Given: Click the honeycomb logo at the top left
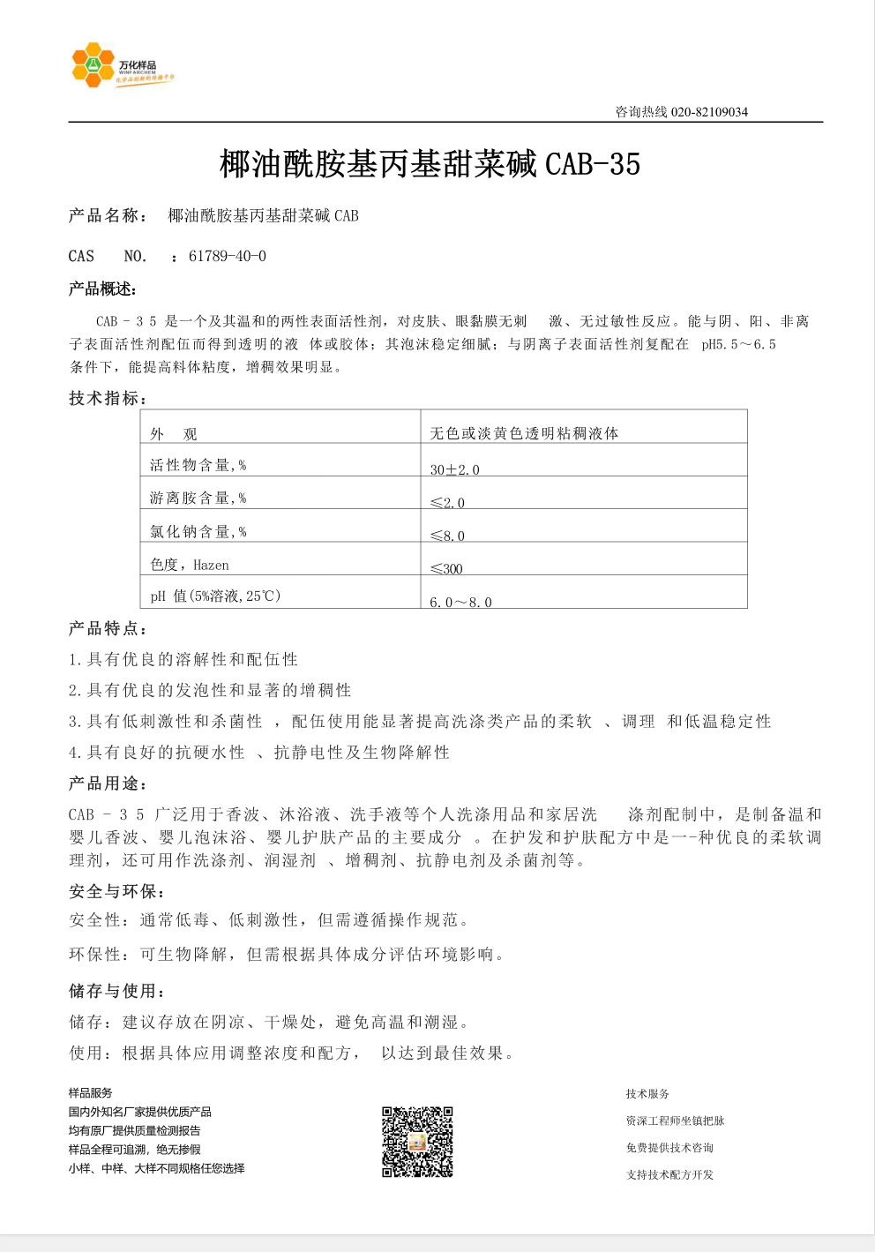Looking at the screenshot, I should [93, 65].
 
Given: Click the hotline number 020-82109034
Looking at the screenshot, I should [709, 112].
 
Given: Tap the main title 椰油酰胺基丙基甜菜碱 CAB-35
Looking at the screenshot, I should [430, 164].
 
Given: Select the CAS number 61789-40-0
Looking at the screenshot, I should [228, 257].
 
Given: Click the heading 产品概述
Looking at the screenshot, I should [102, 289].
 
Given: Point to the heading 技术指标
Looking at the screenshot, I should [107, 399].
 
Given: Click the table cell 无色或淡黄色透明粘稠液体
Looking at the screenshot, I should [524, 433].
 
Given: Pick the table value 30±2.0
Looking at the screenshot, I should [454, 469].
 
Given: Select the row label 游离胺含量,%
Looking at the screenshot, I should [198, 499].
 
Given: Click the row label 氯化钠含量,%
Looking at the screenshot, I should [198, 531].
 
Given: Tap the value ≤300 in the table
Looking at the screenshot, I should [446, 568].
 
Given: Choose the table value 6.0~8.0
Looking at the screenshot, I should [460, 602].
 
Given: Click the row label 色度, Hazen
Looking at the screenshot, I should [190, 565].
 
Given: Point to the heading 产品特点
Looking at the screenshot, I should [108, 629].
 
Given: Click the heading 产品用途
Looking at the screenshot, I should [108, 783].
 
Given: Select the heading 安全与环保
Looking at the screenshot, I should [116, 892].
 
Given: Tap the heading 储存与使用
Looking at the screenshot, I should [116, 991].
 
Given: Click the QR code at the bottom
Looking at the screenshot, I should [417, 1142].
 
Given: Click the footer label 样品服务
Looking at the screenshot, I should [91, 1093].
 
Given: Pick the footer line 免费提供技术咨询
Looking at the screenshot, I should [669, 1148].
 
